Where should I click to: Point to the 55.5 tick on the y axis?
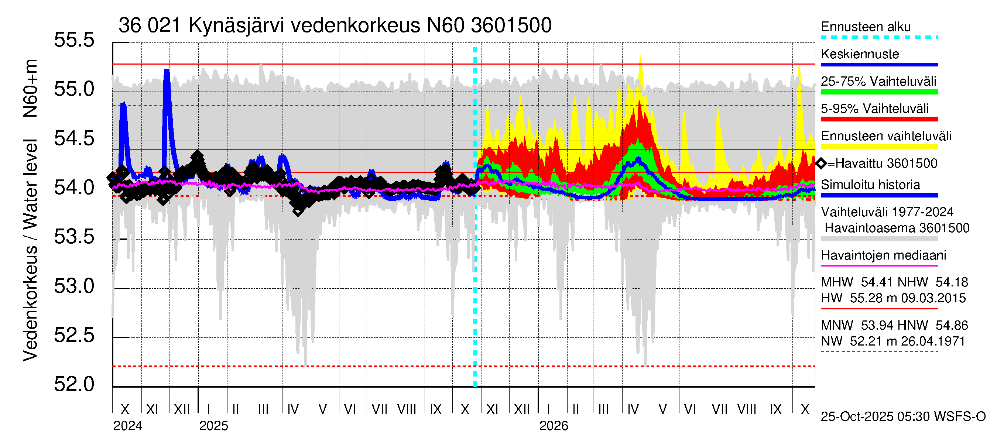click(74, 40)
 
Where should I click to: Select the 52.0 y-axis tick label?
click(74, 384)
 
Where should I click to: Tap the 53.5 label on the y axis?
click(74, 237)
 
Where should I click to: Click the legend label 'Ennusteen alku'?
click(866, 27)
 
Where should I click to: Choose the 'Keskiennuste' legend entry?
click(860, 54)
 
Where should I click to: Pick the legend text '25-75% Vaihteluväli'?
click(878, 81)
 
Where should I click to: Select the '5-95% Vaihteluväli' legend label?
click(874, 109)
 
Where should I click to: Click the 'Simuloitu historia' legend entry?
click(870, 185)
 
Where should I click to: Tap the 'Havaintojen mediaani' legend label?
click(883, 255)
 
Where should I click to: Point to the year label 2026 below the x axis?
click(554, 426)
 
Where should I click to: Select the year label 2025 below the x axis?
click(214, 426)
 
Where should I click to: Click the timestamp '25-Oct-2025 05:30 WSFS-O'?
click(903, 417)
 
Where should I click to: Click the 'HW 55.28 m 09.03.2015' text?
click(893, 298)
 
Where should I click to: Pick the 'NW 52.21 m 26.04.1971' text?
click(893, 341)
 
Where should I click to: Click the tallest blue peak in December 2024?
click(167, 71)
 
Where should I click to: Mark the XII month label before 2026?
click(522, 409)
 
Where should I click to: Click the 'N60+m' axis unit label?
click(30, 89)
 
